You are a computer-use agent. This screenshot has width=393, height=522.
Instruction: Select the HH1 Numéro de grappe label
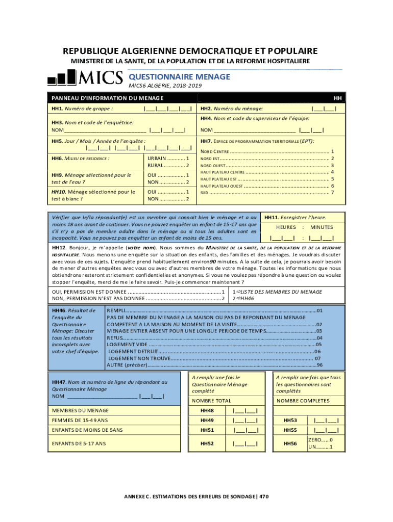(x=82, y=109)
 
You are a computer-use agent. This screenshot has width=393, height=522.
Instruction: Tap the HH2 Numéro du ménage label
(x=232, y=109)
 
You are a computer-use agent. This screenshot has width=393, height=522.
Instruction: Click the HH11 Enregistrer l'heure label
(x=295, y=217)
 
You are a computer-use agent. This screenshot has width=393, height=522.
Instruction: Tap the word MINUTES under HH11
(x=322, y=227)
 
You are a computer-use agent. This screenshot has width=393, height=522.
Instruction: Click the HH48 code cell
(x=207, y=410)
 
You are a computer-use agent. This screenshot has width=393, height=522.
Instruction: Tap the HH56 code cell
(x=290, y=444)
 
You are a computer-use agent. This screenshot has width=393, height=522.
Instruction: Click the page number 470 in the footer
(x=263, y=497)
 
